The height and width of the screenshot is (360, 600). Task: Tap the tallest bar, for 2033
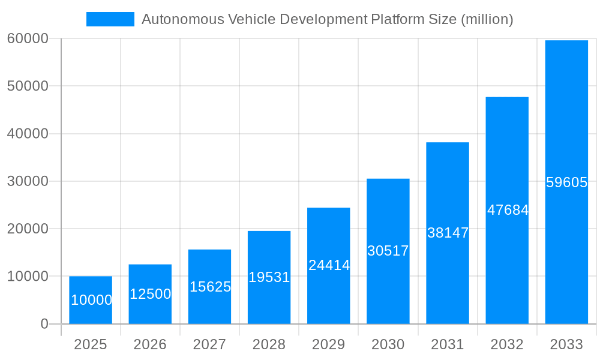pyautogui.click(x=566, y=120)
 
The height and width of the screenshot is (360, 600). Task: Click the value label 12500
pyautogui.click(x=150, y=294)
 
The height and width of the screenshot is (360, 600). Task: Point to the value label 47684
pyautogui.click(x=508, y=210)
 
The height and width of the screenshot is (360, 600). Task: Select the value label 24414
pyautogui.click(x=329, y=265)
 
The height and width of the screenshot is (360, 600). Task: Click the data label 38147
pyautogui.click(x=448, y=233)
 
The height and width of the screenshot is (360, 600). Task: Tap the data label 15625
pyautogui.click(x=210, y=287)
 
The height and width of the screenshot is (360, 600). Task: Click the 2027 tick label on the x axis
pyautogui.click(x=209, y=344)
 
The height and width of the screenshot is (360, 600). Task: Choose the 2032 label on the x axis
pyautogui.click(x=507, y=344)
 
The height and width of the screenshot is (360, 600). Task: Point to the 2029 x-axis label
pyautogui.click(x=329, y=344)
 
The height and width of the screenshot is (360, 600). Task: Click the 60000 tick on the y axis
pyautogui.click(x=27, y=39)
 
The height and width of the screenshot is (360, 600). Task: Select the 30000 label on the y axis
pyautogui.click(x=27, y=181)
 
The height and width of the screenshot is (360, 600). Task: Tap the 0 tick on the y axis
pyautogui.click(x=44, y=324)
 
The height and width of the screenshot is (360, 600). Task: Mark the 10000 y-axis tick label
pyautogui.click(x=27, y=277)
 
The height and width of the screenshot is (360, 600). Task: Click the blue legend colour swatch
pyautogui.click(x=110, y=19)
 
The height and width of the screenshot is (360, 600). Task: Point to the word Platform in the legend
pyautogui.click(x=395, y=19)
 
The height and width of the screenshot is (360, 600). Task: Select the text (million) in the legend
pyautogui.click(x=487, y=19)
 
